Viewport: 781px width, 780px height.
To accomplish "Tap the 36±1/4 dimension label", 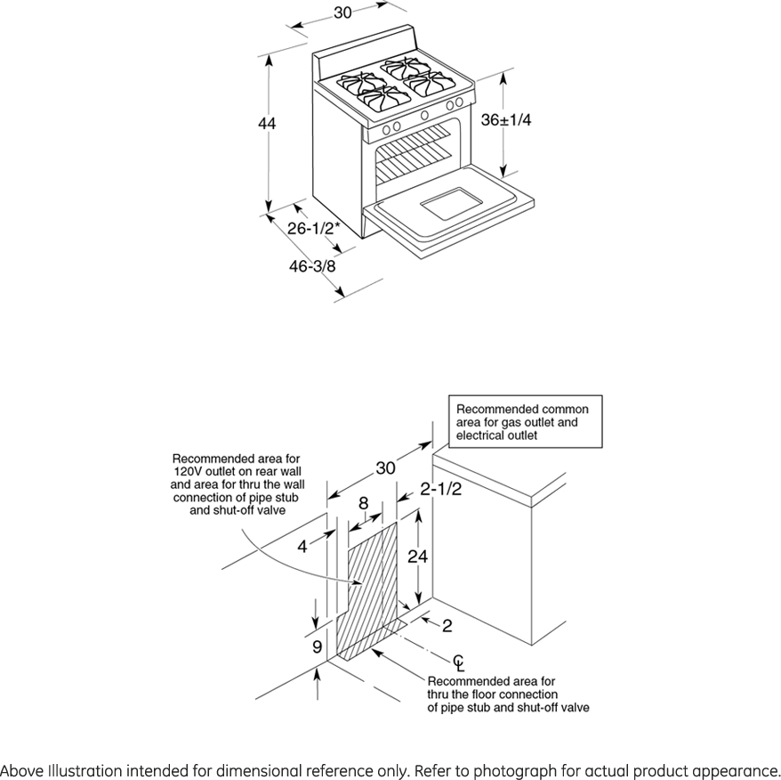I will pyautogui.click(x=506, y=120).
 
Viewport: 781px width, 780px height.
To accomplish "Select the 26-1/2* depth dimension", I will pyautogui.click(x=314, y=228).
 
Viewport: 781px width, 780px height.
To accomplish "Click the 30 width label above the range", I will pyautogui.click(x=342, y=12).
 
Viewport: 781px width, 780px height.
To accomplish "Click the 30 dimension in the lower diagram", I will pyautogui.click(x=385, y=468).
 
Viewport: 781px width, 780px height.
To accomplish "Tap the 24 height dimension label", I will pyautogui.click(x=417, y=557).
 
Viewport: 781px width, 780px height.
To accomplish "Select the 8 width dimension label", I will pyautogui.click(x=363, y=504).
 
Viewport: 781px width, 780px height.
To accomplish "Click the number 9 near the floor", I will pyautogui.click(x=317, y=647).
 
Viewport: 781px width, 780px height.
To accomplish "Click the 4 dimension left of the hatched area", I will pyautogui.click(x=302, y=547).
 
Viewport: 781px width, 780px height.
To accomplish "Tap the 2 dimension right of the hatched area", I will pyautogui.click(x=447, y=626).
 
